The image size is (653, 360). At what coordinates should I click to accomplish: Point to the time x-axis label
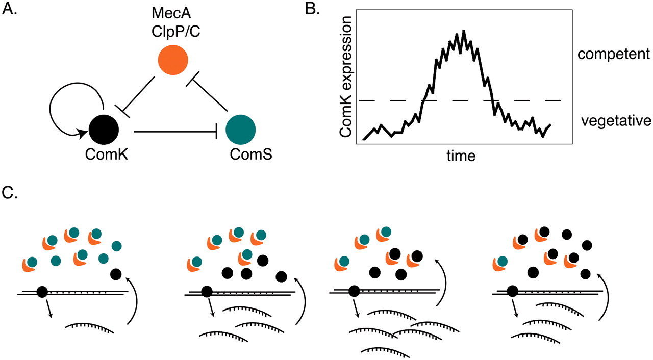(460, 156)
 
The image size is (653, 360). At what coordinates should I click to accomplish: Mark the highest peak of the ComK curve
(463, 32)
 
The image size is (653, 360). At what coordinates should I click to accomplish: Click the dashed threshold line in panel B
(531, 101)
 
